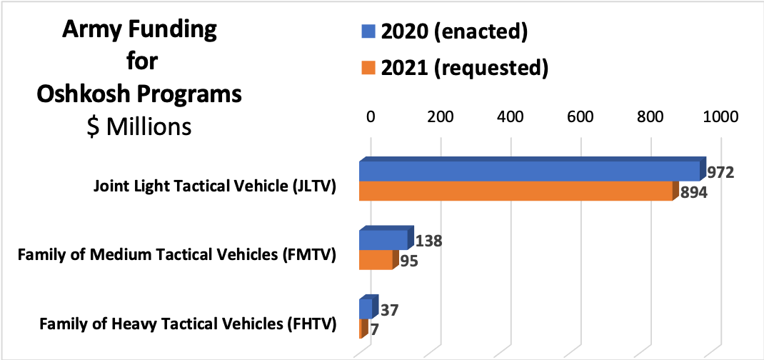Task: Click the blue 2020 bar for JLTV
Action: tap(528, 171)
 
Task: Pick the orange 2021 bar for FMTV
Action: tap(376, 260)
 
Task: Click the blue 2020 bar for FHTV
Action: tap(365, 309)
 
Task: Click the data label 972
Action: tap(720, 174)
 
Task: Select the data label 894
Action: tap(692, 192)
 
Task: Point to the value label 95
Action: tap(408, 261)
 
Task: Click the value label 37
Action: tap(389, 311)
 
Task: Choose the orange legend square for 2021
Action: tap(368, 68)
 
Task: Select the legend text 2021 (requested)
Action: tap(464, 68)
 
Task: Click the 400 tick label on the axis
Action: tap(511, 117)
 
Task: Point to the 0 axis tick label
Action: tap(370, 117)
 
